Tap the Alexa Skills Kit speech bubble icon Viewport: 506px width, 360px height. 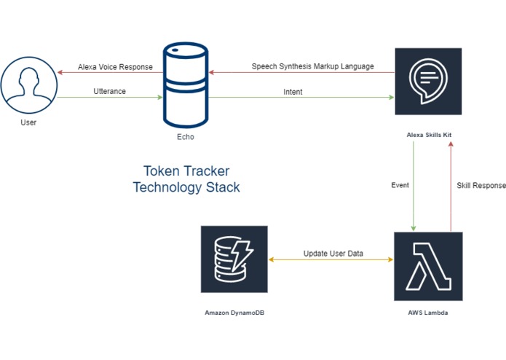(427, 81)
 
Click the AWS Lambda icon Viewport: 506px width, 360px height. (427, 265)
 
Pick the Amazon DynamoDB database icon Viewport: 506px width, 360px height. (234, 259)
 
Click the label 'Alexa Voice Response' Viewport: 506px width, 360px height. (115, 67)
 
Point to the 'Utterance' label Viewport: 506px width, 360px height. (109, 91)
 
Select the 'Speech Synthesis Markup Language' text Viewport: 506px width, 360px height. (312, 66)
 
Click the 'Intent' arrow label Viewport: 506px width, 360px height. (293, 92)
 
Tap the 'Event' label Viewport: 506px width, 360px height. (400, 185)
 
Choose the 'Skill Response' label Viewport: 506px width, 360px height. (481, 186)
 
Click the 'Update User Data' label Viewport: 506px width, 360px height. (333, 254)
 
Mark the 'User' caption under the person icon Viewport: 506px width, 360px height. (28, 122)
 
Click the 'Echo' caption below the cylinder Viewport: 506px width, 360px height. (186, 137)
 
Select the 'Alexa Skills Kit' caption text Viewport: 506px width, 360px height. (427, 135)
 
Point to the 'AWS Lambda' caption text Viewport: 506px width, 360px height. (427, 312)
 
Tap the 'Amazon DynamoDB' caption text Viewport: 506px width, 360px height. (234, 312)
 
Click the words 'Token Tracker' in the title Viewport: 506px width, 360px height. (186, 171)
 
